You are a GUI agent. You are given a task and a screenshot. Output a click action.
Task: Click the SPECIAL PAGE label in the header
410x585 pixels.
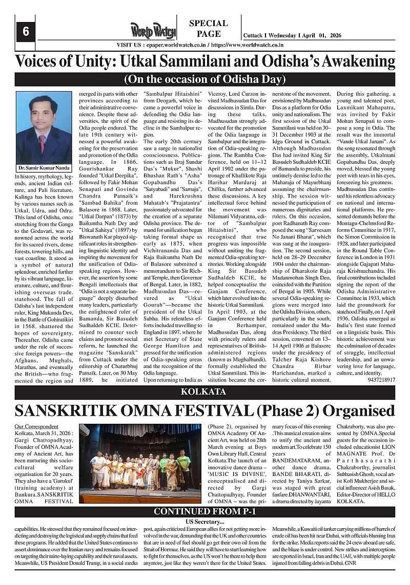coord(209,29)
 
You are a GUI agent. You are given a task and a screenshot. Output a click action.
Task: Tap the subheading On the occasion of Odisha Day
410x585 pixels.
coord(204,79)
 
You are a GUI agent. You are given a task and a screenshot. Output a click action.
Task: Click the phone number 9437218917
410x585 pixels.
coord(381,380)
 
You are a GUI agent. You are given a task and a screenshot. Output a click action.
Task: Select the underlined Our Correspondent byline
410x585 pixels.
coord(36,426)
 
